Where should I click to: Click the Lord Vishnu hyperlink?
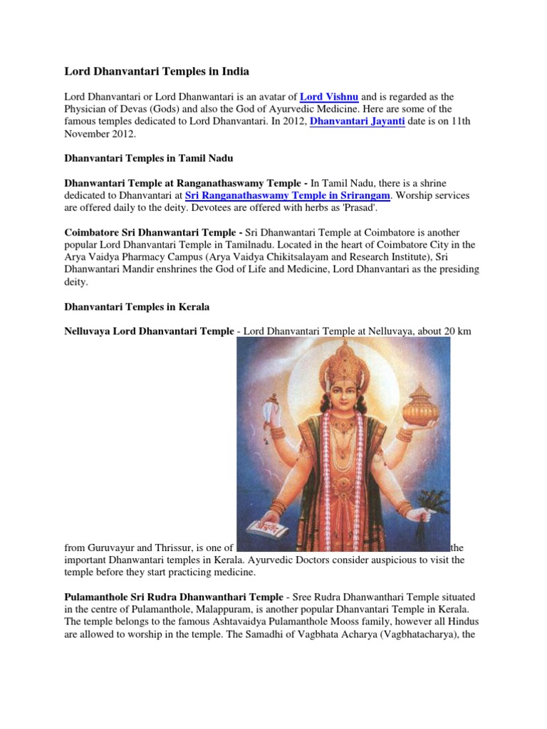(329, 96)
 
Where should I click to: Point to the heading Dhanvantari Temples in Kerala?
(137, 307)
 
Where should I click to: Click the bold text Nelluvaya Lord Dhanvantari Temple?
(149, 331)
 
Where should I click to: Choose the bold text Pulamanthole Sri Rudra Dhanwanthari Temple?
(174, 596)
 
